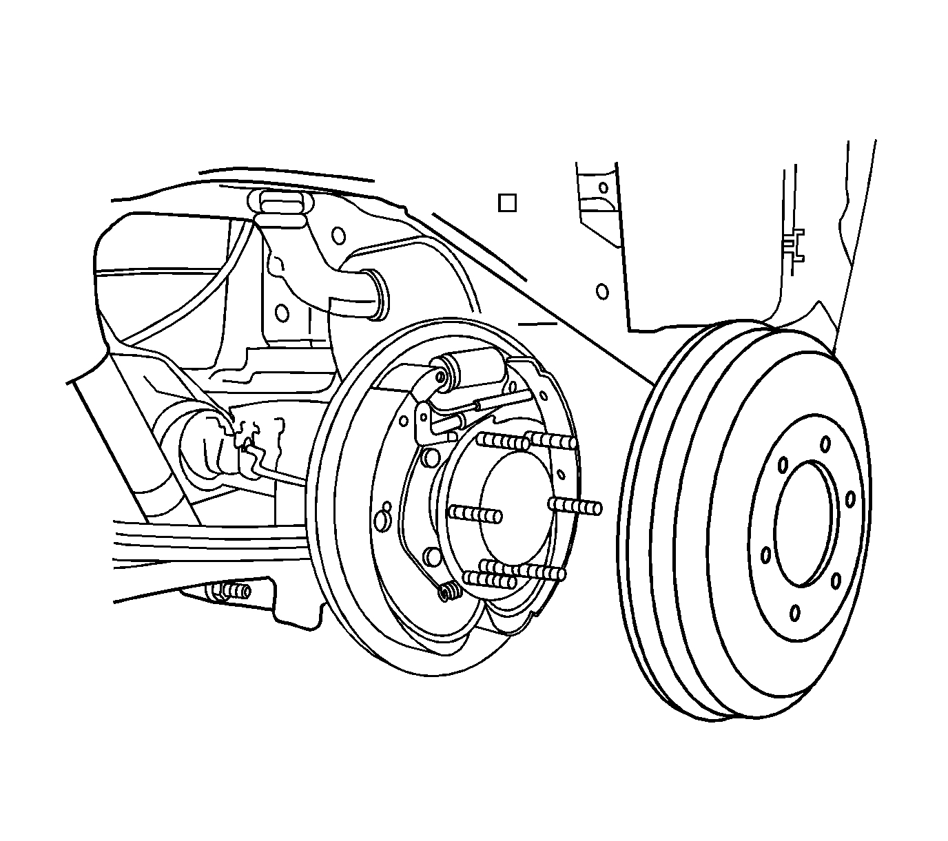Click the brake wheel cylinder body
(x=475, y=364)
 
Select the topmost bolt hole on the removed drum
(x=824, y=448)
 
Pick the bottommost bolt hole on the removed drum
(x=796, y=612)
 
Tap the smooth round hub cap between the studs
(x=515, y=510)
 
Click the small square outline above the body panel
(x=507, y=203)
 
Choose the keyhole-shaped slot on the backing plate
(x=383, y=517)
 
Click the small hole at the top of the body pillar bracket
(x=604, y=187)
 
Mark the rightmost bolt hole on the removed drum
(x=850, y=499)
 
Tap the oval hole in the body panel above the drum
(x=602, y=291)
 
